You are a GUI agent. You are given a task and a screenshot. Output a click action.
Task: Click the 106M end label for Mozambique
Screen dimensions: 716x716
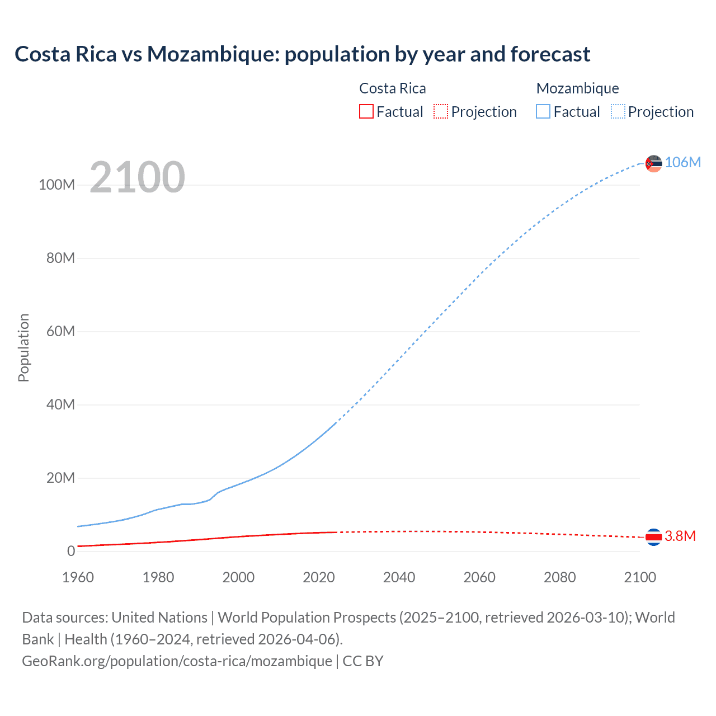click(682, 162)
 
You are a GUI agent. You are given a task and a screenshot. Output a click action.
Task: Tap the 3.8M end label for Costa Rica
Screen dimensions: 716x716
click(680, 536)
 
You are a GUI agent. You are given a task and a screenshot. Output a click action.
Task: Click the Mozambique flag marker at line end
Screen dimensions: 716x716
click(653, 163)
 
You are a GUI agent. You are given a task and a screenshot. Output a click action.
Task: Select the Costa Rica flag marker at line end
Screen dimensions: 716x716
click(653, 537)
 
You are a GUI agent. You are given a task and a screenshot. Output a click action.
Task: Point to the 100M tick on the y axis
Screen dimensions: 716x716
click(56, 185)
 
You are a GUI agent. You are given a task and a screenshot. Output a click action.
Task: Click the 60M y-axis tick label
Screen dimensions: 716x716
click(60, 331)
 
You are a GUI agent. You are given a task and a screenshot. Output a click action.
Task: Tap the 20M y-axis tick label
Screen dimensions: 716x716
click(60, 478)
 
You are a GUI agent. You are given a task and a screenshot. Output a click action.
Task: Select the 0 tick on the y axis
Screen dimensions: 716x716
click(71, 551)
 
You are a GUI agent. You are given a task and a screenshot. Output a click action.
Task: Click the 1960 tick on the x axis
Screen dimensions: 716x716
click(78, 577)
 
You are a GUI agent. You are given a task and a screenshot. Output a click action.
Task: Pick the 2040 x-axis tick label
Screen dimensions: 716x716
click(399, 577)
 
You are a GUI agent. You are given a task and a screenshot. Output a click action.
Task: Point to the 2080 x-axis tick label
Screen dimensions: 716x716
click(559, 577)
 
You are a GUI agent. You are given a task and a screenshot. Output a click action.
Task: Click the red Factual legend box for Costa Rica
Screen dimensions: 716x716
click(366, 111)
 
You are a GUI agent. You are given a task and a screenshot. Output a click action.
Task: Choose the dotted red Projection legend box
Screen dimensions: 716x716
click(441, 111)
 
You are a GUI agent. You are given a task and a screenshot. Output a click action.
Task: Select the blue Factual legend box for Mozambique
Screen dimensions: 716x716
click(543, 111)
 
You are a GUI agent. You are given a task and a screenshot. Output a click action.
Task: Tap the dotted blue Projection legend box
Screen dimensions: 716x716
click(618, 111)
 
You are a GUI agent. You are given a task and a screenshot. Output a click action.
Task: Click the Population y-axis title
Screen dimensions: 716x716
click(23, 347)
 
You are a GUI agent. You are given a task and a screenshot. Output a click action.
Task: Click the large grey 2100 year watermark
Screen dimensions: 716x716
click(137, 177)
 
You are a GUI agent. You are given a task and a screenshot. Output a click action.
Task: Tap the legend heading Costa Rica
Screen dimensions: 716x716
click(392, 88)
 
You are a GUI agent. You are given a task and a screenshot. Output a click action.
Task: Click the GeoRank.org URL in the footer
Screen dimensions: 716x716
click(177, 661)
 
